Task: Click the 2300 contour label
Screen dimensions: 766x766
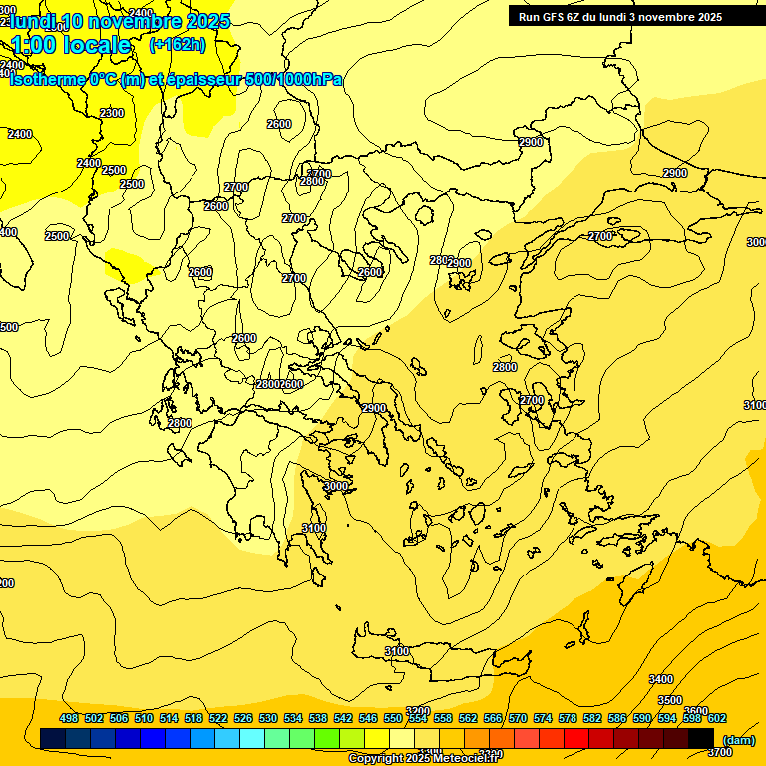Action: [x=113, y=113]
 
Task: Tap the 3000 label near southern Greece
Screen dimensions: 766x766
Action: [x=336, y=486]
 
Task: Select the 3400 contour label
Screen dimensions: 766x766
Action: [x=661, y=679]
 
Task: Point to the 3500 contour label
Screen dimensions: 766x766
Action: [x=670, y=700]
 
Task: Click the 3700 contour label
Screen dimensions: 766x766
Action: [x=720, y=724]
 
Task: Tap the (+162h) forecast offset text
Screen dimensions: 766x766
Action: [x=178, y=44]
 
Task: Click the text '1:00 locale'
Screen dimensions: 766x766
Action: [x=71, y=45]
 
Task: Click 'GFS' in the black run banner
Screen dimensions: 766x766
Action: [x=561, y=17]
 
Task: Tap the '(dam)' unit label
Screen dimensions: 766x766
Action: [x=739, y=739]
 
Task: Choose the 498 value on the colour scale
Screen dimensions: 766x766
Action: [x=69, y=718]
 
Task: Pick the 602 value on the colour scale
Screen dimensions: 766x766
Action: [x=717, y=718]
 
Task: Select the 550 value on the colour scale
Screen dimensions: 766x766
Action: [x=393, y=718]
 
